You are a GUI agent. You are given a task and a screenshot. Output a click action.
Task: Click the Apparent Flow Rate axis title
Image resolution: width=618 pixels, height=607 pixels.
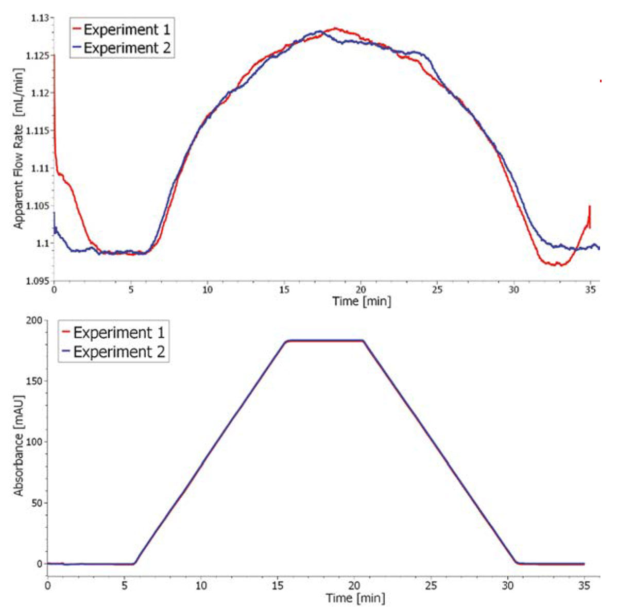click(19, 149)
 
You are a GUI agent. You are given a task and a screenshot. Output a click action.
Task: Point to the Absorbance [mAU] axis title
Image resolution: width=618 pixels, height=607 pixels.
click(19, 445)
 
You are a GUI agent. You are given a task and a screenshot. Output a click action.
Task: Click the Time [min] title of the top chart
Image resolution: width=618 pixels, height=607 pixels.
click(362, 301)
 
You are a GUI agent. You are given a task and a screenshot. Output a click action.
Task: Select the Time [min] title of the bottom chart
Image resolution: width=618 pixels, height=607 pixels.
click(355, 598)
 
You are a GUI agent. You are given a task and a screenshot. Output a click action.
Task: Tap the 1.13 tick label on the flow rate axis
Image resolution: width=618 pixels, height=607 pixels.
click(40, 18)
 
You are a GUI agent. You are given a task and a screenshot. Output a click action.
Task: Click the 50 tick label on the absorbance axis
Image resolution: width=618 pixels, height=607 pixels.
click(36, 503)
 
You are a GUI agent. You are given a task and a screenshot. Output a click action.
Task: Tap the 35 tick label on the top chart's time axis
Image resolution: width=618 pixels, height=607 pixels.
click(591, 290)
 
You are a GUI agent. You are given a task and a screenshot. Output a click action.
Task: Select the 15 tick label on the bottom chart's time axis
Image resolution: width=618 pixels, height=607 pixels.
click(278, 585)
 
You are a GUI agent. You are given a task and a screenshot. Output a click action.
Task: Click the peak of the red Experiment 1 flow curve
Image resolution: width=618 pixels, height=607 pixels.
click(335, 28)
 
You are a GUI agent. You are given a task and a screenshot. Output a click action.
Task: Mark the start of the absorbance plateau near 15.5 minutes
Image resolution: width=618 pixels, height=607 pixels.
click(287, 341)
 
